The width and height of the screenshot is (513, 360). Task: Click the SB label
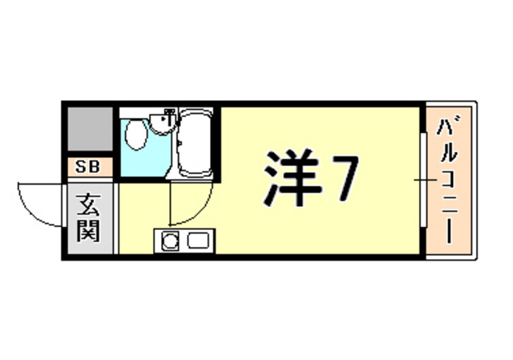coord(88,168)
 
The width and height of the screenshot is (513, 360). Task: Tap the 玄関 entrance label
coord(88,219)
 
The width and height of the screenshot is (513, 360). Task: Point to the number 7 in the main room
coord(342,177)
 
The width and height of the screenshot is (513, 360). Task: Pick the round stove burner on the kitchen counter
coord(169,240)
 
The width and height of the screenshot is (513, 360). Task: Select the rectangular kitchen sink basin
coord(197,240)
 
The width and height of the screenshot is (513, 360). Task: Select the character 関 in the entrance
coord(88,232)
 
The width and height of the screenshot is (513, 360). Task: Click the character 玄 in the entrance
coord(88,205)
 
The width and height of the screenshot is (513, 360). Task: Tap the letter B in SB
coord(95,168)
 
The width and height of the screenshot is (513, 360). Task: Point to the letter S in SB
coord(82,168)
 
